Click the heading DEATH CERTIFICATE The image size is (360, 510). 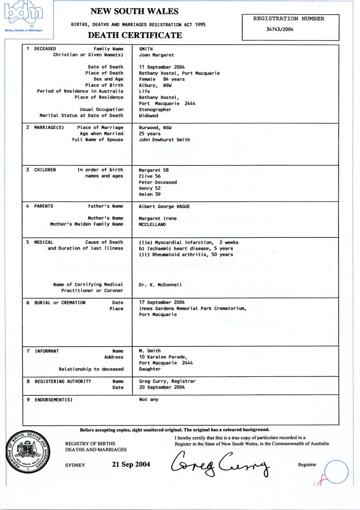[x=135, y=35]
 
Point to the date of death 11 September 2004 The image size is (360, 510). [x=162, y=67]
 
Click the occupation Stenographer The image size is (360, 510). [x=155, y=109]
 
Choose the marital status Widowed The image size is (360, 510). [x=149, y=115]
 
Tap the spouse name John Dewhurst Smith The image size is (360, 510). [x=164, y=140]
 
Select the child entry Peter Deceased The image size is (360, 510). [x=158, y=182]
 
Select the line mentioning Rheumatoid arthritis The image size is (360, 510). [x=186, y=254]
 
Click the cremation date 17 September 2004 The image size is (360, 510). [x=162, y=302]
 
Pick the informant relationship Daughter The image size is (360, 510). [x=149, y=369]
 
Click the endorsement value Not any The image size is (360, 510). [x=148, y=400]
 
